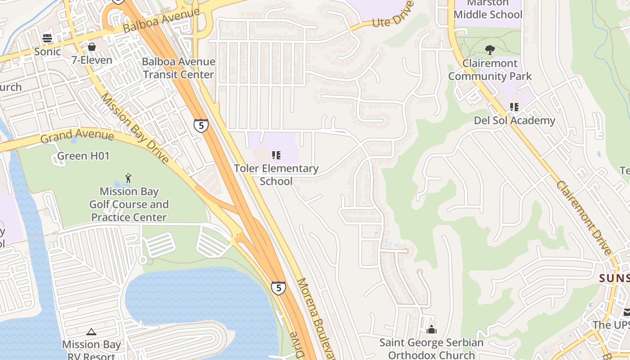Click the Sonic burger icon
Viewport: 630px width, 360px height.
47,38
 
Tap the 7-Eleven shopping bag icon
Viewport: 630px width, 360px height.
92,47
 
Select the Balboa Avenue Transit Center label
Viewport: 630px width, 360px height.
179,68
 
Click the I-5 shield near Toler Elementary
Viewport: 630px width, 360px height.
201,126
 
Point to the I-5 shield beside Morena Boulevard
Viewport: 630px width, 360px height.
278,288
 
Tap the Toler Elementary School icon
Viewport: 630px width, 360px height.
276,155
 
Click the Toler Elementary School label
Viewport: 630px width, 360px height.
276,175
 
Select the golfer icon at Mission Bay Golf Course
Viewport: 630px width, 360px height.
129,178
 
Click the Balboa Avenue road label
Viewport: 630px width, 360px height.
161,20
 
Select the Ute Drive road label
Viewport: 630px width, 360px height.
393,15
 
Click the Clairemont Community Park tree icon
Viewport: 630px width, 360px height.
490,50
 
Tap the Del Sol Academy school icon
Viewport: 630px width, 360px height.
514,107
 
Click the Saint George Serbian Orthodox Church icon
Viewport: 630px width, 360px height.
431,329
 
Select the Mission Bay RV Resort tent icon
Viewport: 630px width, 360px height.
91,332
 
